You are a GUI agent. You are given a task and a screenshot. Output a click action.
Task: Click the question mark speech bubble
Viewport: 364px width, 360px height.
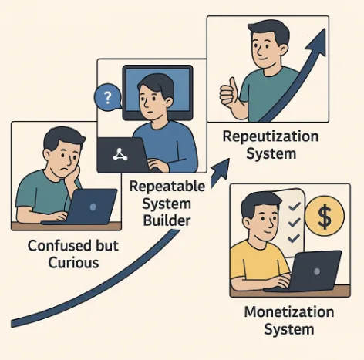(x=108, y=97)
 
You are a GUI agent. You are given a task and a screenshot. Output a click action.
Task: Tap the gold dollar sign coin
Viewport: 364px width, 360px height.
(x=325, y=216)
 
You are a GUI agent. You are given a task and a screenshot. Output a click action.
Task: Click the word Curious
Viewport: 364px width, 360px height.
(x=73, y=263)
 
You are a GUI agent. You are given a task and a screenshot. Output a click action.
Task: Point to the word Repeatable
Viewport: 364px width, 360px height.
(x=167, y=187)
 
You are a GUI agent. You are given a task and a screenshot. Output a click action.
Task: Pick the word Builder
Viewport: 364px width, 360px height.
(x=167, y=220)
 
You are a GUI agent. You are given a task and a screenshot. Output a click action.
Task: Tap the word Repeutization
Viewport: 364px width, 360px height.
(x=271, y=136)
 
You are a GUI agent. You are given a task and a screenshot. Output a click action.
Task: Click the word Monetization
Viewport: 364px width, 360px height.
(x=289, y=312)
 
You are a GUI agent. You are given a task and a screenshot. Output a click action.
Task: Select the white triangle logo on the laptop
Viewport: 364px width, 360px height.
(x=120, y=154)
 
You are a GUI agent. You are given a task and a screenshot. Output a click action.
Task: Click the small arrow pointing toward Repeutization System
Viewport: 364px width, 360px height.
(x=220, y=173)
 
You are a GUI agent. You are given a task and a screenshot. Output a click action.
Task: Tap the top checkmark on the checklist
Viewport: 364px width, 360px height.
(x=295, y=207)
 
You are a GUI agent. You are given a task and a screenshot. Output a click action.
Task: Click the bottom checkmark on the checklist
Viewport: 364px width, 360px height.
(x=294, y=238)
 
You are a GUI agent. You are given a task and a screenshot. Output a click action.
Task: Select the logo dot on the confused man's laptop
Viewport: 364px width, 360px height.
(x=93, y=207)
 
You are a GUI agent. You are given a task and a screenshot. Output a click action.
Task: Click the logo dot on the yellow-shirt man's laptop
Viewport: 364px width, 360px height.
(x=317, y=271)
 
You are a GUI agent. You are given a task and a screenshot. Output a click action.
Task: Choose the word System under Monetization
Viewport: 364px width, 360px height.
(x=289, y=330)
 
